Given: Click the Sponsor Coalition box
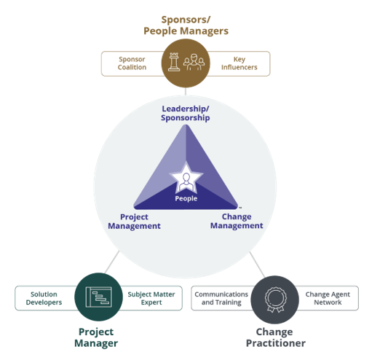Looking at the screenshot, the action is coord(132,63).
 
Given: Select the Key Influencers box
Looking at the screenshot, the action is coord(239,63).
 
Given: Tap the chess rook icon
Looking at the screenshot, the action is coord(174,62).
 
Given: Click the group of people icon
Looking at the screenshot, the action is coord(194,63).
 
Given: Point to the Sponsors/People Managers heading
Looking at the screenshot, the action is coord(186,26).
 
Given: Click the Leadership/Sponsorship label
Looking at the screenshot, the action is coord(186,113).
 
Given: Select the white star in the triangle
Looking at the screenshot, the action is coord(186,178).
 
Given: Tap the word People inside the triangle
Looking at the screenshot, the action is coord(186,198).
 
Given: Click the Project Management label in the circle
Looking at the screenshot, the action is coord(134,222).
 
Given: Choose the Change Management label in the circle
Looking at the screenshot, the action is coord(237,221).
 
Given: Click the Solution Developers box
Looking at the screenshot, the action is coord(44,298).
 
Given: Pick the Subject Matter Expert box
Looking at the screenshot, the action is coord(151,298).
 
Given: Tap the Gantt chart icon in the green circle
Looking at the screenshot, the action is coord(98,297).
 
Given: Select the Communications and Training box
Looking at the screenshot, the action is coord(221,298).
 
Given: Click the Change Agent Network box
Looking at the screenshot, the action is coord(328,298).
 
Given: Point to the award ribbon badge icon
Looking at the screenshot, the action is coord(275,300).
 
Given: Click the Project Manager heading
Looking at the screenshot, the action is coord(96,337).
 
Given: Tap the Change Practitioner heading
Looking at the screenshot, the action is coord(275,337).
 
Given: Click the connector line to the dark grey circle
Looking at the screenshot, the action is coord(257,265).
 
